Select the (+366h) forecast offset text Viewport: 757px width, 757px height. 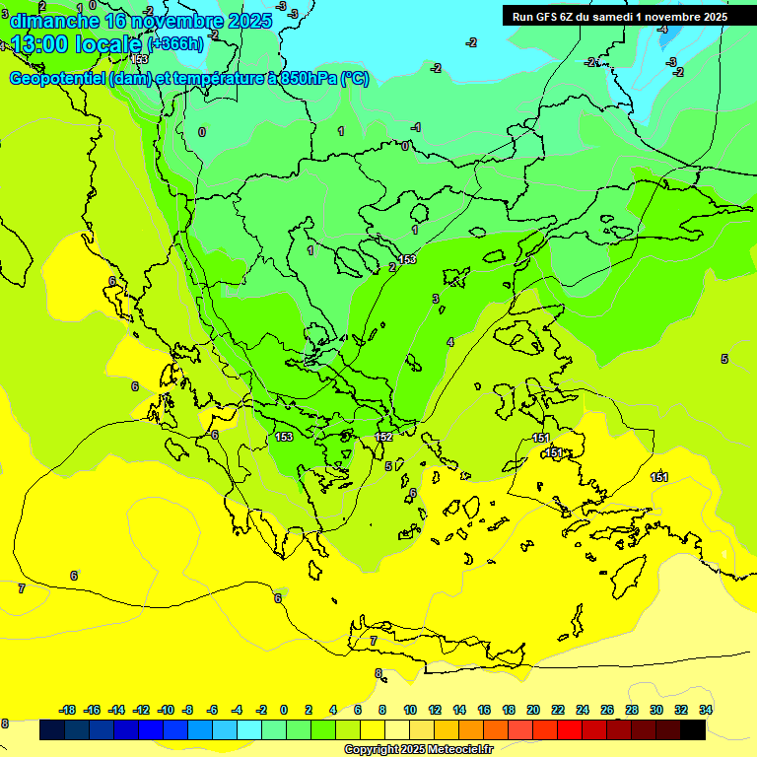175,44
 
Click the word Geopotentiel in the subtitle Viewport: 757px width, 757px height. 57,79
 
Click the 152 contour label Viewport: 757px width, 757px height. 384,437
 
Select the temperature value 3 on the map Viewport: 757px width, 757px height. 435,299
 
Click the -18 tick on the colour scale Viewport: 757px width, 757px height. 67,710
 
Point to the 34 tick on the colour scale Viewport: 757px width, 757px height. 705,710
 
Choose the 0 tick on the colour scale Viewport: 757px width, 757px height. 284,710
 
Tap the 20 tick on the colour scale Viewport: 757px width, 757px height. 533,710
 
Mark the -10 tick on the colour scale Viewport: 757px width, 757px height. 166,710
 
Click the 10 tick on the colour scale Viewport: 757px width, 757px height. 409,710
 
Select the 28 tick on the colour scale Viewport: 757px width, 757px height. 632,710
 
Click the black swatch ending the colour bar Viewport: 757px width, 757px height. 692,730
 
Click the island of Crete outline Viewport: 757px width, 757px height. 444,646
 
